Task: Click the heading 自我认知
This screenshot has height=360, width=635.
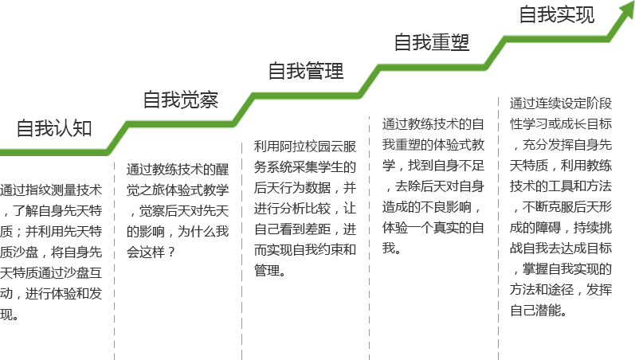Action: [x=54, y=128]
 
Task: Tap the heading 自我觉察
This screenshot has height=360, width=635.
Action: [x=180, y=100]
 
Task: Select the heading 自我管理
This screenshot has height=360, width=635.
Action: [x=306, y=71]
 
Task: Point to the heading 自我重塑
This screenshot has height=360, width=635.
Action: [x=432, y=42]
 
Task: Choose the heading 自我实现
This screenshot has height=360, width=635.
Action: [x=556, y=15]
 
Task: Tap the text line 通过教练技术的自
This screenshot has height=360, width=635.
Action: [x=433, y=124]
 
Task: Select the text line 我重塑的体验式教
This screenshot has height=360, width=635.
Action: [x=433, y=145]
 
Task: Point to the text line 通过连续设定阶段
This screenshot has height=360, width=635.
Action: [x=561, y=104]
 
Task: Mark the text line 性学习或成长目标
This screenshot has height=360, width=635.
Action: [x=561, y=124]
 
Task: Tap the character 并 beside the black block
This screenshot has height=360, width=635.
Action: [x=349, y=189]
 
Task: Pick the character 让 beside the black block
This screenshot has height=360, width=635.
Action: [x=349, y=209]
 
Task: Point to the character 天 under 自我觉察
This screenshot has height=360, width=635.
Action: [x=222, y=210]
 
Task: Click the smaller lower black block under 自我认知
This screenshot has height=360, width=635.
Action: [x=51, y=303]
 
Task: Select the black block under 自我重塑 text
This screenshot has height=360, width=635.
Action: [x=433, y=205]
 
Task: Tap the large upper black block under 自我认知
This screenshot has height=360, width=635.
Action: [x=51, y=231]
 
